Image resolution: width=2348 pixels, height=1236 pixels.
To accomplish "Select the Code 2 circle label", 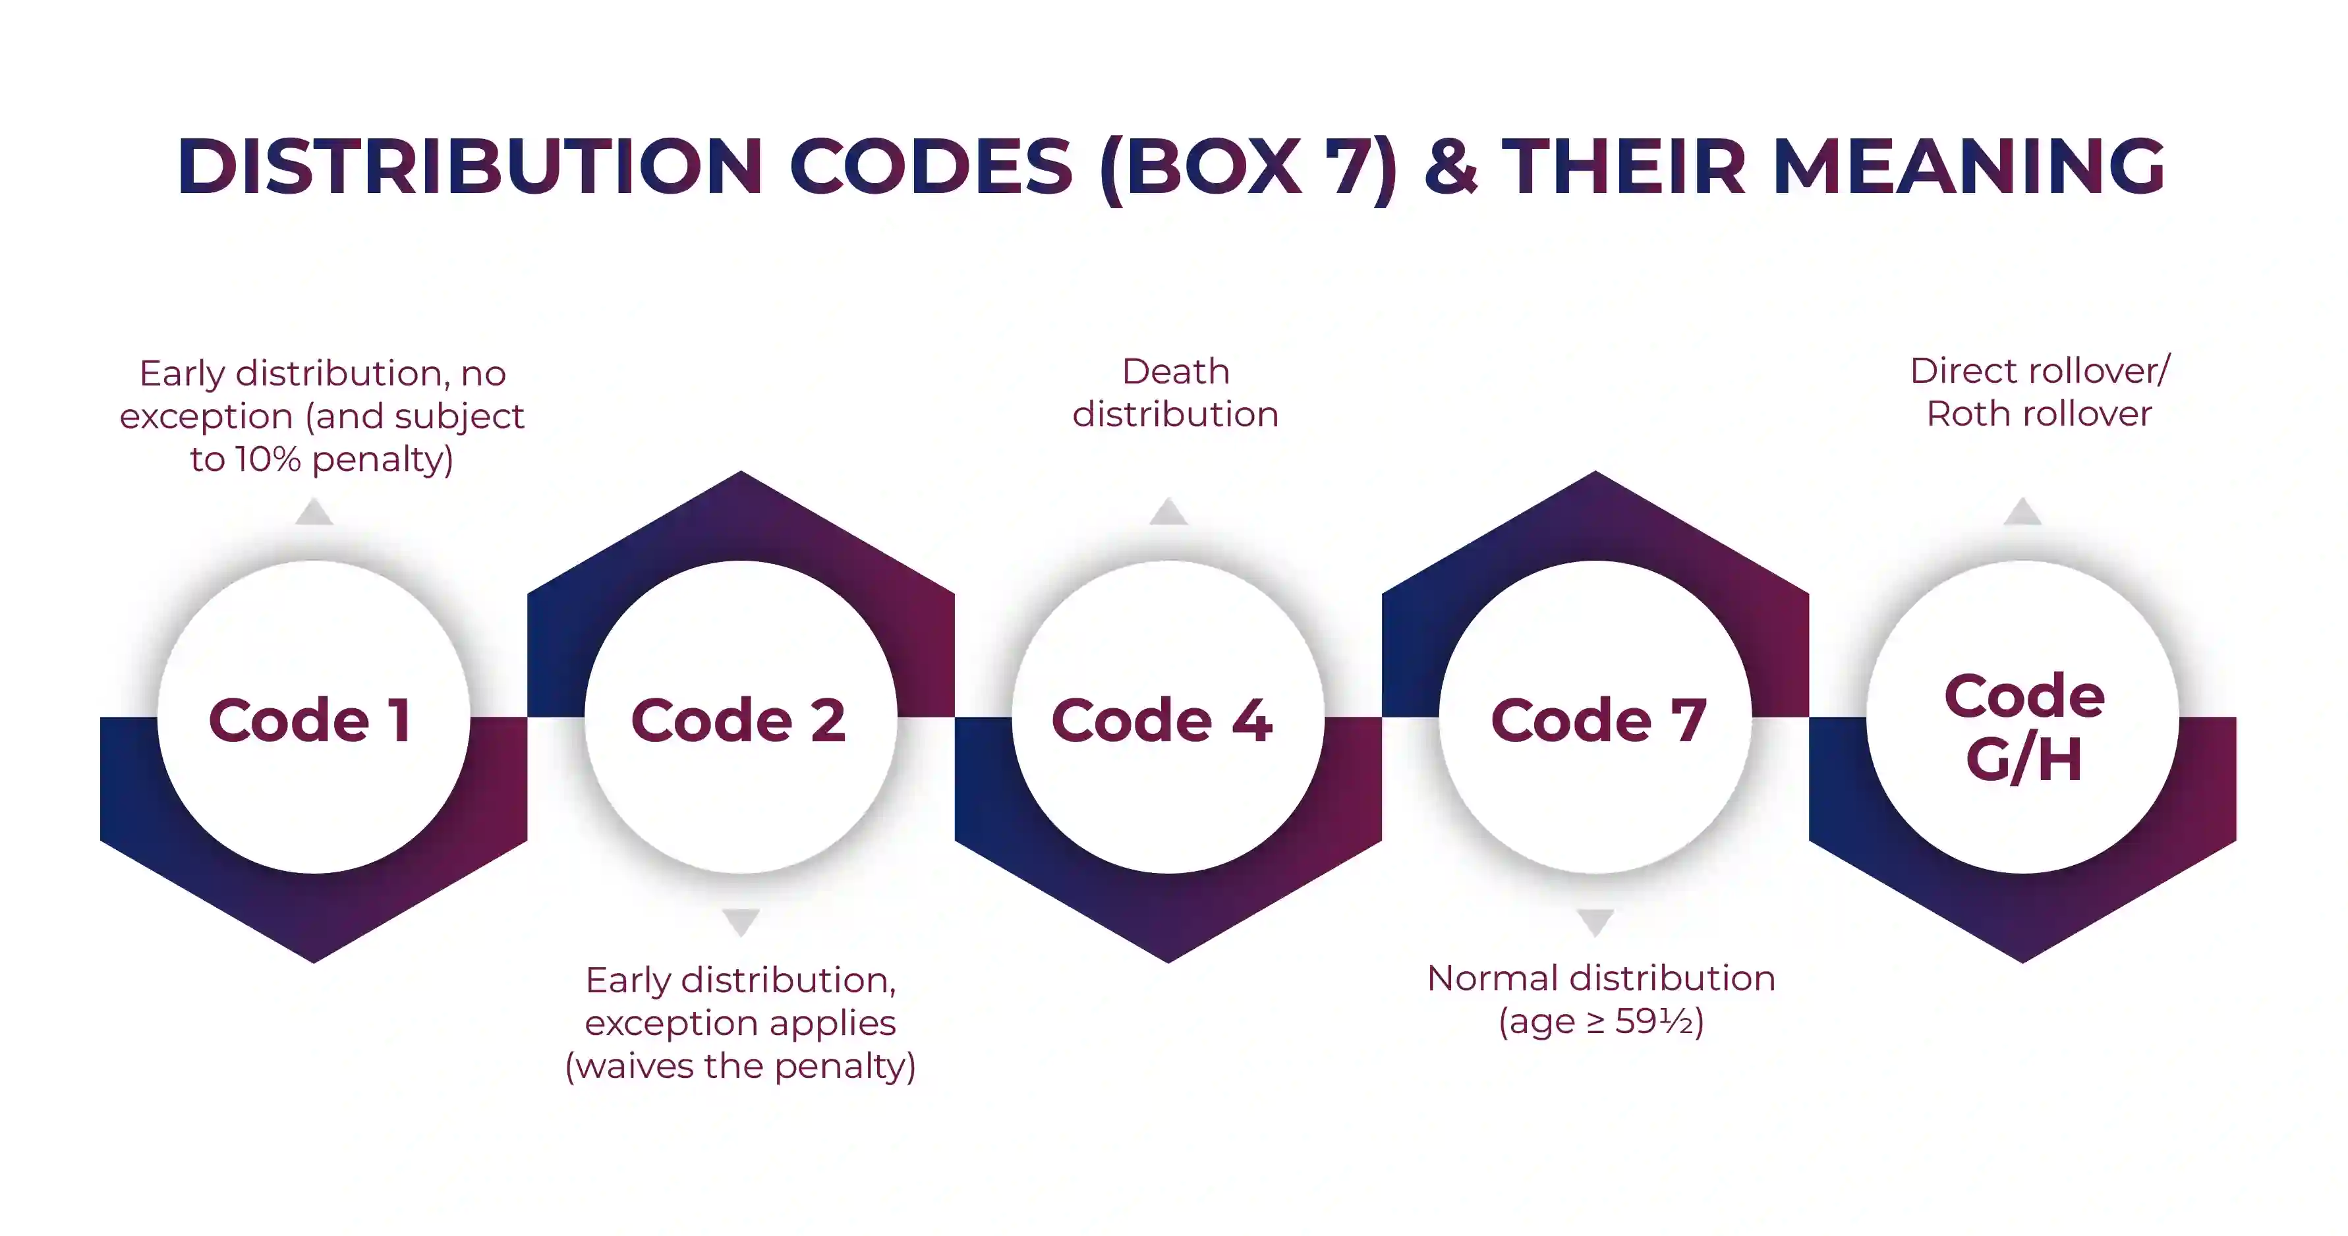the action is pyautogui.click(x=738, y=720).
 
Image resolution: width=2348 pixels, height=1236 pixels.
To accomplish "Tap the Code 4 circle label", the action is pyautogui.click(x=1162, y=720).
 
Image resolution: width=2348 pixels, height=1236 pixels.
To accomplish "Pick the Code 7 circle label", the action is pyautogui.click(x=1598, y=720).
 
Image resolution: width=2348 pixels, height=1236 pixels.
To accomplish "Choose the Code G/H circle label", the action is pyautogui.click(x=2024, y=727).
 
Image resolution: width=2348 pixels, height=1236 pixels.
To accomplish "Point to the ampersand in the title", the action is pyautogui.click(x=1450, y=166).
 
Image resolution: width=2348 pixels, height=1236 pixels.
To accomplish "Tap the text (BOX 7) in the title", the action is pyautogui.click(x=1249, y=168).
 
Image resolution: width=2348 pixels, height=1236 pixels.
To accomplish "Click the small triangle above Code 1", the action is pyautogui.click(x=314, y=513).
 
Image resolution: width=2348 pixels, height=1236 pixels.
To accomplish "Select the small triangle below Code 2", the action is pyautogui.click(x=741, y=922).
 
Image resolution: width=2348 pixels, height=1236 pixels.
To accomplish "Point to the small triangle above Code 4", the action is pyautogui.click(x=1168, y=513).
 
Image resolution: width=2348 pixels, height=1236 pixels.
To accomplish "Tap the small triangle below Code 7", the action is pyautogui.click(x=1595, y=922).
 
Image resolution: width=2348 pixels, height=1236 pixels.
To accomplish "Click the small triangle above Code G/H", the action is pyautogui.click(x=2022, y=513).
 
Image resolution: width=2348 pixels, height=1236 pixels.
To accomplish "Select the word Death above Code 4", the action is pyautogui.click(x=1176, y=372).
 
